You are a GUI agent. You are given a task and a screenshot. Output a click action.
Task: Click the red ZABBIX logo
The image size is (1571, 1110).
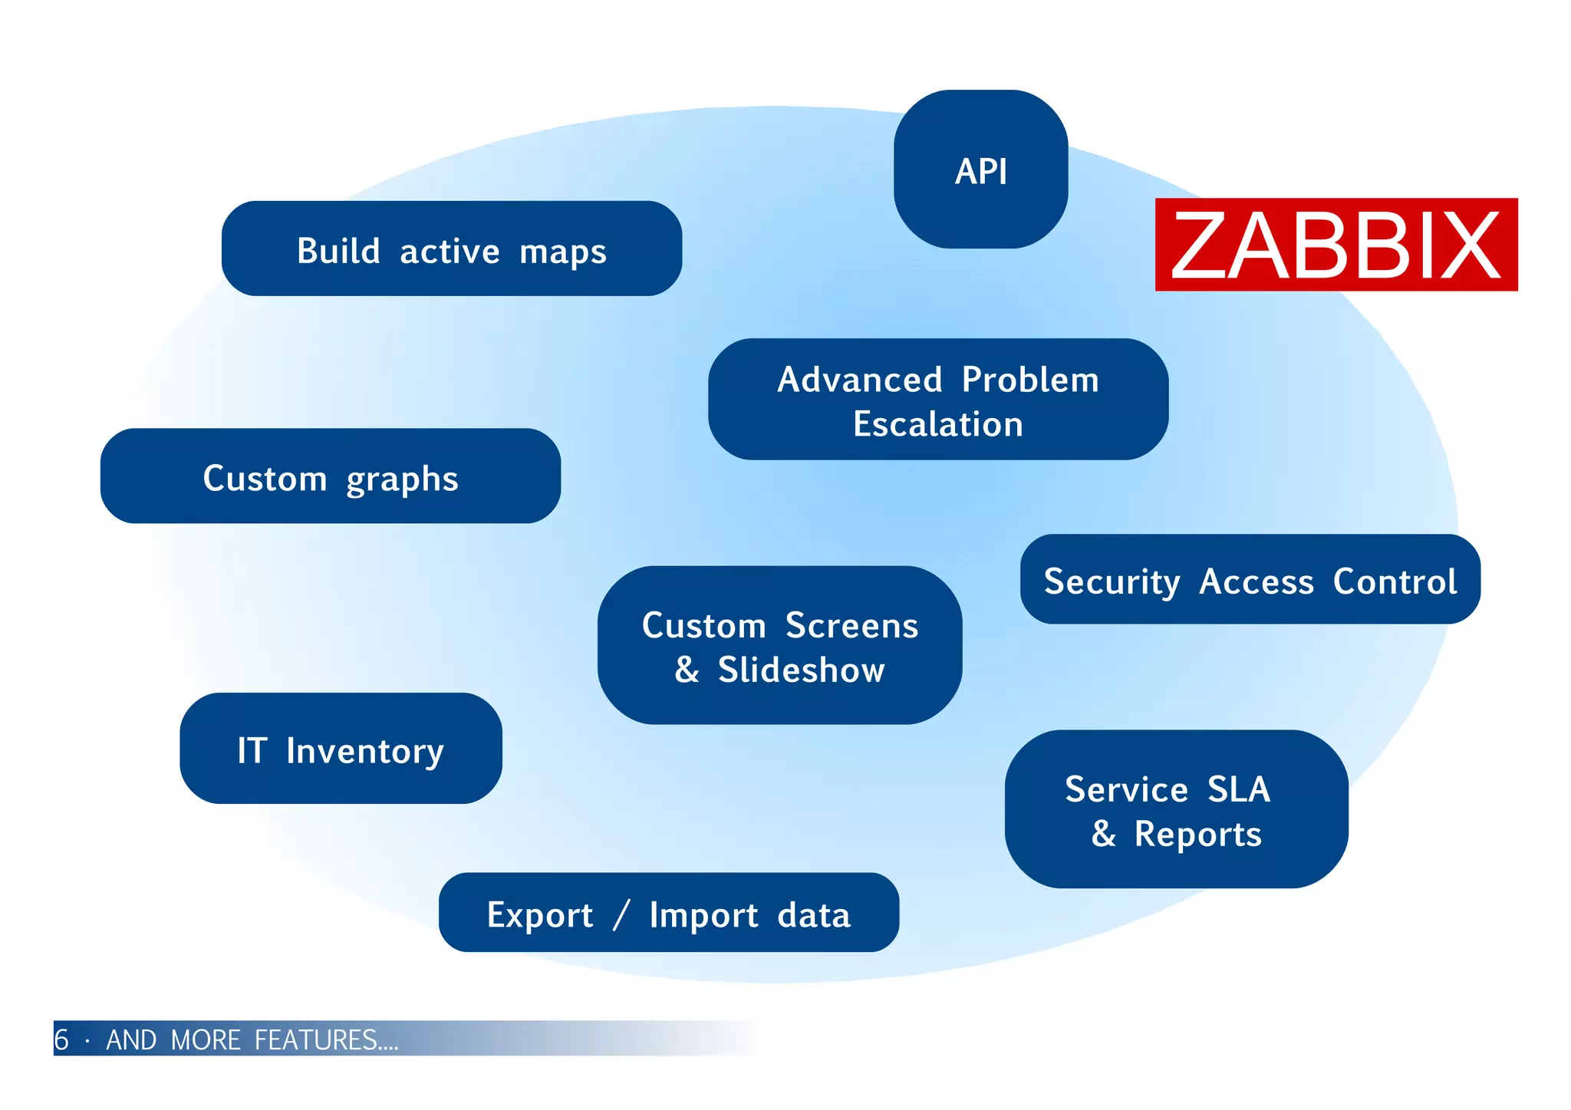pyautogui.click(x=1336, y=245)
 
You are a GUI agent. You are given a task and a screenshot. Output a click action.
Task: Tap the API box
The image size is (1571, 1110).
pyautogui.click(x=980, y=170)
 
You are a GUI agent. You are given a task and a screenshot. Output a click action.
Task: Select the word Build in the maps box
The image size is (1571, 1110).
pyautogui.click(x=338, y=251)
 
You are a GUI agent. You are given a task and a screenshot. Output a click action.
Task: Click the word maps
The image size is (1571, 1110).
pyautogui.click(x=562, y=252)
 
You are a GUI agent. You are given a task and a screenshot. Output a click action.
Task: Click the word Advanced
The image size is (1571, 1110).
pyautogui.click(x=859, y=380)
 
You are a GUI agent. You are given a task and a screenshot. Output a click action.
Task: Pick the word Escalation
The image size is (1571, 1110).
pyautogui.click(x=937, y=424)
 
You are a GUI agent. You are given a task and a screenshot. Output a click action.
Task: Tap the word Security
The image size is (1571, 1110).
pyautogui.click(x=1112, y=581)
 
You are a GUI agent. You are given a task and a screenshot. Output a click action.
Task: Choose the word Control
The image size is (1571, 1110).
pyautogui.click(x=1394, y=581)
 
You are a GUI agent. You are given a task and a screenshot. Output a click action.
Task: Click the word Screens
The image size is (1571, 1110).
pyautogui.click(x=851, y=626)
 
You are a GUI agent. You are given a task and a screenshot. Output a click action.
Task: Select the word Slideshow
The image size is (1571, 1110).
pyautogui.click(x=801, y=670)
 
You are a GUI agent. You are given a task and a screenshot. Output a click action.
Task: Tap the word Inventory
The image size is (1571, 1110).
pyautogui.click(x=364, y=751)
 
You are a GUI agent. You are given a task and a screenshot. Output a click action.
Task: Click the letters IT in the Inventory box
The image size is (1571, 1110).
pyautogui.click(x=252, y=750)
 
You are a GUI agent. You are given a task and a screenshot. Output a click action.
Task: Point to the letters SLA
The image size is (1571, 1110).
pyautogui.click(x=1238, y=789)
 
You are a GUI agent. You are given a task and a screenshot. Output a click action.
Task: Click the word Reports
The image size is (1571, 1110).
pyautogui.click(x=1197, y=835)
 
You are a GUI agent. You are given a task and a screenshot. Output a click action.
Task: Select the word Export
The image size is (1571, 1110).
pyautogui.click(x=539, y=915)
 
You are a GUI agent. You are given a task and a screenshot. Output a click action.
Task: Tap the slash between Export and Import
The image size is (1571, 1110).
pyautogui.click(x=621, y=914)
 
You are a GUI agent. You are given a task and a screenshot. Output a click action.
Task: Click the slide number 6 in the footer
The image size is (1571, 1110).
pyautogui.click(x=61, y=1040)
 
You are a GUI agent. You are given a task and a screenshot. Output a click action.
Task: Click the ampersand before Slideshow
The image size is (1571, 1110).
pyautogui.click(x=687, y=670)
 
